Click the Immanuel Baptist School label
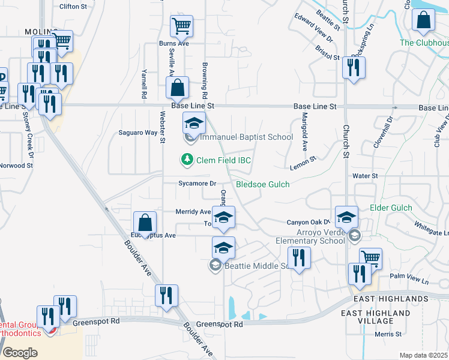(x=246, y=137)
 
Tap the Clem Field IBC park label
(x=223, y=160)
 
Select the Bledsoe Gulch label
(x=262, y=184)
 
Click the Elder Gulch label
(x=391, y=208)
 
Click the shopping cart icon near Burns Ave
(x=181, y=26)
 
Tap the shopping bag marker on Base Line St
(x=178, y=88)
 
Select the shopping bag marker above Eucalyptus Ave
(x=145, y=223)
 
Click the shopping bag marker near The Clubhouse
(x=424, y=20)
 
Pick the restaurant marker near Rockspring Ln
(x=354, y=68)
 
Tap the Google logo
(x=20, y=353)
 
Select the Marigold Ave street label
(x=304, y=131)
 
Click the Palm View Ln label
(x=409, y=280)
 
